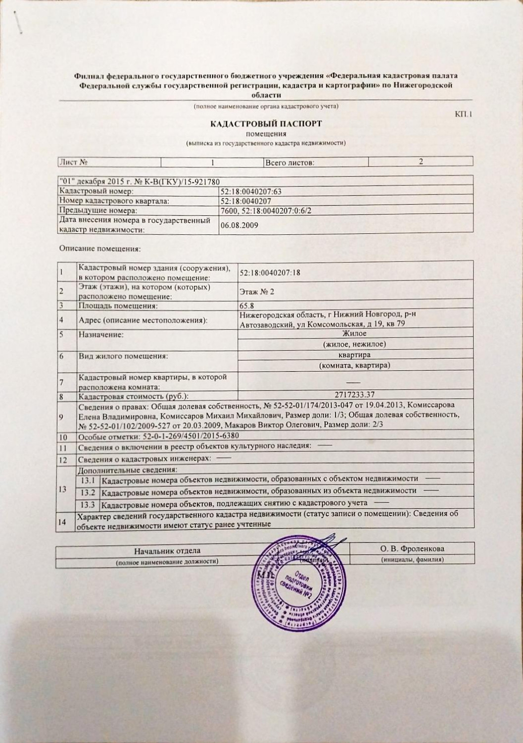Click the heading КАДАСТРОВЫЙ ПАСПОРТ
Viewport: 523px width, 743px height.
tap(266, 124)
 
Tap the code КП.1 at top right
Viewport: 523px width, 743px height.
tap(464, 114)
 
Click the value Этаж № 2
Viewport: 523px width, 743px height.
tap(256, 291)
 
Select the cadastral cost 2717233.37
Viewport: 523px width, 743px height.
tap(355, 395)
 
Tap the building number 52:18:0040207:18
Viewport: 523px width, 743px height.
tap(270, 272)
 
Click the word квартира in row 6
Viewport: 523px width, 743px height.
tap(354, 355)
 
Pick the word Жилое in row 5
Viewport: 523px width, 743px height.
tap(354, 334)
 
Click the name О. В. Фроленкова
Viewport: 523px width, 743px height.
tap(412, 548)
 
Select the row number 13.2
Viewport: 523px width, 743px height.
tap(88, 492)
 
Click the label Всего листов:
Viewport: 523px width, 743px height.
tap(290, 162)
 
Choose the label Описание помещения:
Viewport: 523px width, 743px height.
tap(100, 248)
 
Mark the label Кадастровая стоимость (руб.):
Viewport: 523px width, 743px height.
tap(134, 396)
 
